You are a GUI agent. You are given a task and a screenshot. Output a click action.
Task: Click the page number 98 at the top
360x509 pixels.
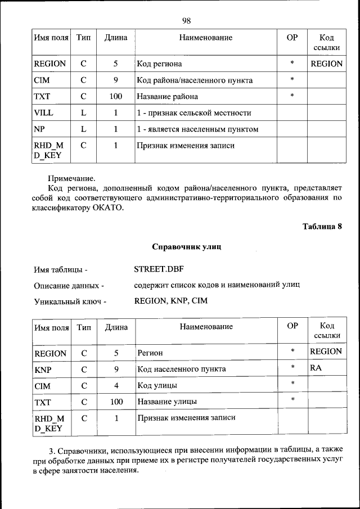186,21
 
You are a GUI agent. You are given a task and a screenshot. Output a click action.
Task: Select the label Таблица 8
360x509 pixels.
322,227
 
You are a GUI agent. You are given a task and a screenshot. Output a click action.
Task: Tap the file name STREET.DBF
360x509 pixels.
155,269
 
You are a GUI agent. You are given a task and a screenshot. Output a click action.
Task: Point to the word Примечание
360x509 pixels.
71,177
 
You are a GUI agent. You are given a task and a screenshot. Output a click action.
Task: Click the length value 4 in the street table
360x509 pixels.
116,386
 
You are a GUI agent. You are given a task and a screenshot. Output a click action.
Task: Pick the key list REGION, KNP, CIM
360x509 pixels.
171,301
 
